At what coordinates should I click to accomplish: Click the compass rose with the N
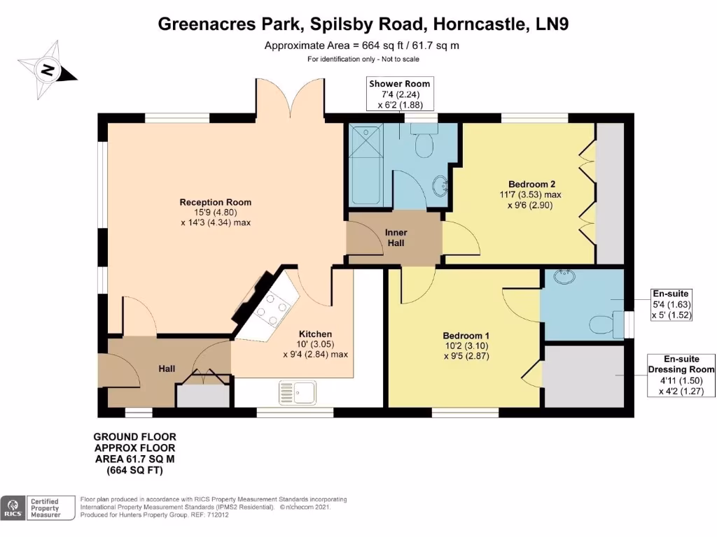coord(48,70)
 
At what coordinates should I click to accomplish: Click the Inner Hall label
coord(396,238)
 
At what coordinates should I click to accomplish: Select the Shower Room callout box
coord(400,94)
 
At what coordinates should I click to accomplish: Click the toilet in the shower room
coord(424,143)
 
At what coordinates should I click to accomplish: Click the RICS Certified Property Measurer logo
coord(39,508)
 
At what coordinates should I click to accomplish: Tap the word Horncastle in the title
coord(482,24)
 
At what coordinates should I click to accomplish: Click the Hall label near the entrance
coord(167,368)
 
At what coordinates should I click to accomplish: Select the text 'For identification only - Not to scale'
coord(361,59)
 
